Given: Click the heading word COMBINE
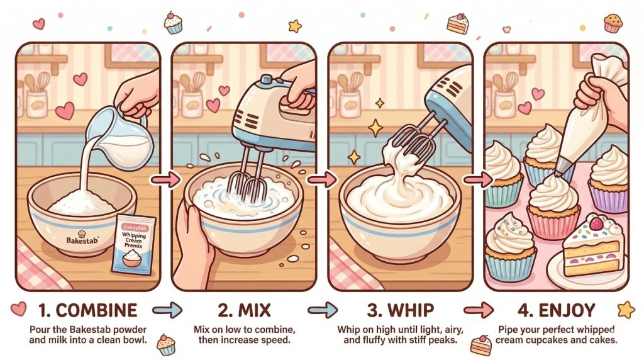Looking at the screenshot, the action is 96,310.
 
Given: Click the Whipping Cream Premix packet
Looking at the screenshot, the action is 133,245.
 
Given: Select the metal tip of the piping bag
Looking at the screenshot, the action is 561,166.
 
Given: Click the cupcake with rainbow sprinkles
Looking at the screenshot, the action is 510,247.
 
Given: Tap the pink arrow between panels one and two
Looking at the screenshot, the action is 165,179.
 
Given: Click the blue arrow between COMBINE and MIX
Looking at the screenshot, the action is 167,310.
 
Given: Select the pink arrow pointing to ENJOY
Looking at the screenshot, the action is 479,310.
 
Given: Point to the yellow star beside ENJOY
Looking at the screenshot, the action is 626,310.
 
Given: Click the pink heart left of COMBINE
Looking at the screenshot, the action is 18,308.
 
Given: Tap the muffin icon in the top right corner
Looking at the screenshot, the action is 613,23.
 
